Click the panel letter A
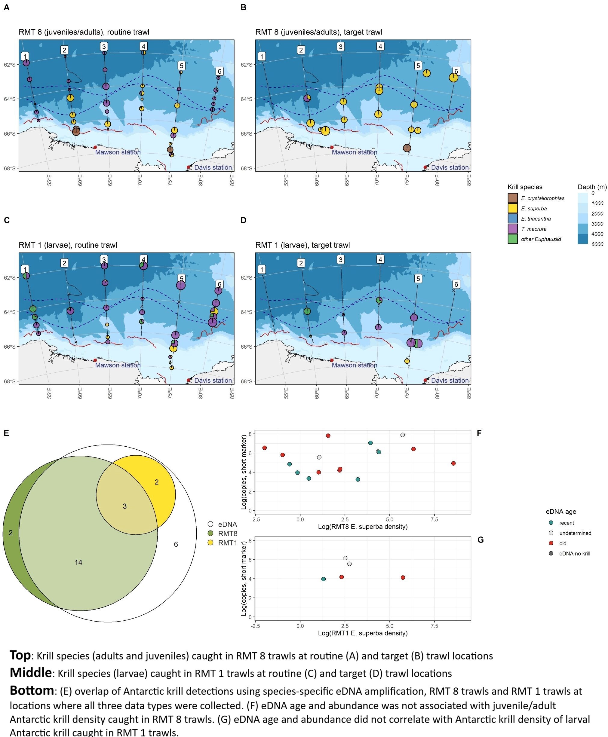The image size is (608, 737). click(x=6, y=7)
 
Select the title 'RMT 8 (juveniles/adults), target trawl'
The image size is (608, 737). click(x=318, y=32)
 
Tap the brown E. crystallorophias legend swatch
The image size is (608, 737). click(x=512, y=198)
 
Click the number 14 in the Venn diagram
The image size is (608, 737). click(x=78, y=562)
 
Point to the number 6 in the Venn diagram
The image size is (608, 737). click(x=176, y=544)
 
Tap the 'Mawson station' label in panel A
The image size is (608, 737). click(x=118, y=152)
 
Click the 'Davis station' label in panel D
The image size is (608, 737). click(x=450, y=380)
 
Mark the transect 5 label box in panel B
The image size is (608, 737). click(x=418, y=66)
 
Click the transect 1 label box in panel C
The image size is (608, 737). click(x=25, y=269)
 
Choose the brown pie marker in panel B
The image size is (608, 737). click(x=407, y=148)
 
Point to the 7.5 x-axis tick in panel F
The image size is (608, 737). click(x=434, y=519)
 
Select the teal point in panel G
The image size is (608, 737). click(x=323, y=579)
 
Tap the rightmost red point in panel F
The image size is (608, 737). click(x=453, y=463)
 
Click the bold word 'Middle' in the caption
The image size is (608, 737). click(x=31, y=673)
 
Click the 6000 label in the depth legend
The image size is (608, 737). click(x=597, y=244)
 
